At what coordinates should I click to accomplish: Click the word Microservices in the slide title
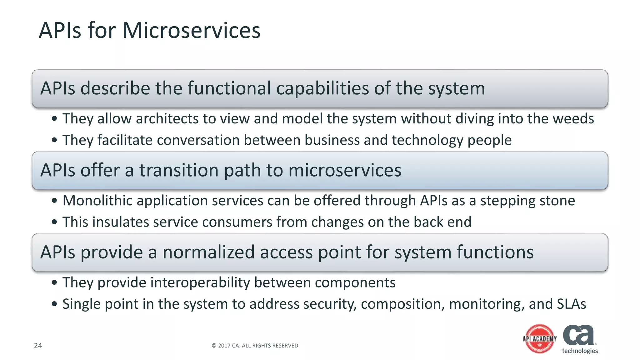click(x=191, y=31)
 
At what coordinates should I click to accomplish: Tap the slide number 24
click(x=38, y=345)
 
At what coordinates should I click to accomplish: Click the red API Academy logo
click(x=540, y=339)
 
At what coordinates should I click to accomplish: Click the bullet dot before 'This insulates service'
click(x=55, y=222)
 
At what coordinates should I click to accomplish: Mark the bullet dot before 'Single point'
click(x=55, y=304)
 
